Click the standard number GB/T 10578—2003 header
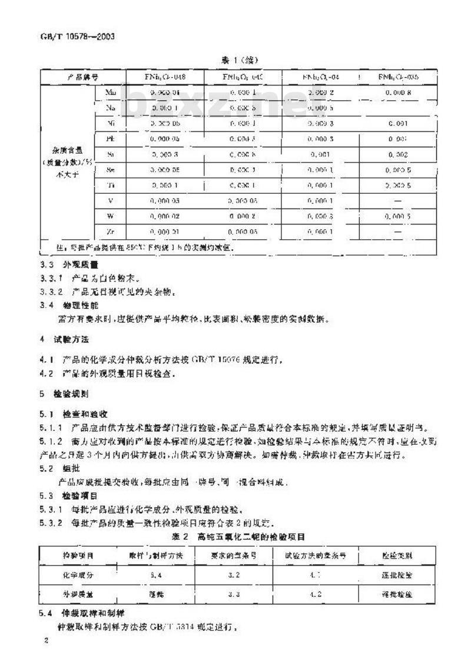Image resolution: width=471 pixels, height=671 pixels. tap(69, 35)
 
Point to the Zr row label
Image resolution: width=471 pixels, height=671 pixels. tap(111, 232)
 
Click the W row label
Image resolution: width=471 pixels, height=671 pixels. tap(111, 216)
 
